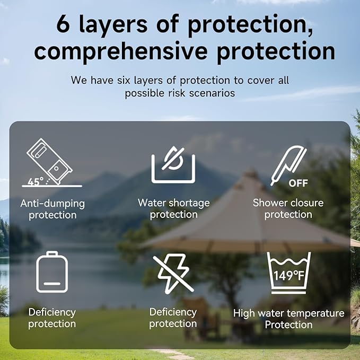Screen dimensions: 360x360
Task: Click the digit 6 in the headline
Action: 63,24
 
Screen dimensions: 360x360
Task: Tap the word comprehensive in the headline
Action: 121,51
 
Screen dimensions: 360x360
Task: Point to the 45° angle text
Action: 36,181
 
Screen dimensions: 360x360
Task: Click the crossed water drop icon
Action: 173,164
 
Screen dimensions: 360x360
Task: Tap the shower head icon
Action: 288,165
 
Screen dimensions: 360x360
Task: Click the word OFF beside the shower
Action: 298,183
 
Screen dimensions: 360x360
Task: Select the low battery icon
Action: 52,272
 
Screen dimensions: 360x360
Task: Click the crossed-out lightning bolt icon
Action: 173,274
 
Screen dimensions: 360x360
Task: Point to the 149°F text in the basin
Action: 289,276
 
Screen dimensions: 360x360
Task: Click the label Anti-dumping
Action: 52,204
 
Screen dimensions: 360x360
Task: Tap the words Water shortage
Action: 174,203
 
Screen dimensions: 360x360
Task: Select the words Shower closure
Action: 288,203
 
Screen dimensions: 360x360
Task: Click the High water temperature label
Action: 289,313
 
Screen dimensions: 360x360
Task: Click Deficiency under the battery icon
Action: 52,313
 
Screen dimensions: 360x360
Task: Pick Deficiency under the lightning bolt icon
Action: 173,312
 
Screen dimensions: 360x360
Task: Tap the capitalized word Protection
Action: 288,325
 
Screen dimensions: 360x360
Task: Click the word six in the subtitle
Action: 124,81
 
